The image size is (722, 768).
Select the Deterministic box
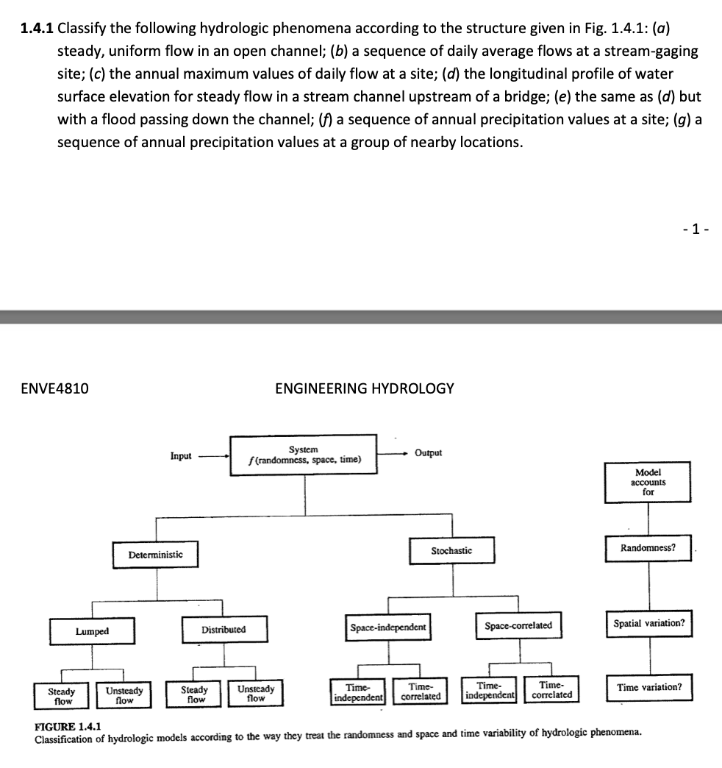156,555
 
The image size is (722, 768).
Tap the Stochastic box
452,550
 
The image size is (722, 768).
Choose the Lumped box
92,631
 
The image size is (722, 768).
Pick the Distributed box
224,630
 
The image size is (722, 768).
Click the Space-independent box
388,627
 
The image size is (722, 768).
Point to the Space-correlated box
518,625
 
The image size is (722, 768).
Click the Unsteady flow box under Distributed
256,694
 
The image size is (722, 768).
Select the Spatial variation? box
648,624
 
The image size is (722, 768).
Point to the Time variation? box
649,687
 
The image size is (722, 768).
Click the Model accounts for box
648,482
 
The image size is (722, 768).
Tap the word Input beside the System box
181,456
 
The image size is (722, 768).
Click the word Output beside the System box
429,452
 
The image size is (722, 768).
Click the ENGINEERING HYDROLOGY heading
364,388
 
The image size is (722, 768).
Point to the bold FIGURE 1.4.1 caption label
68,725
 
